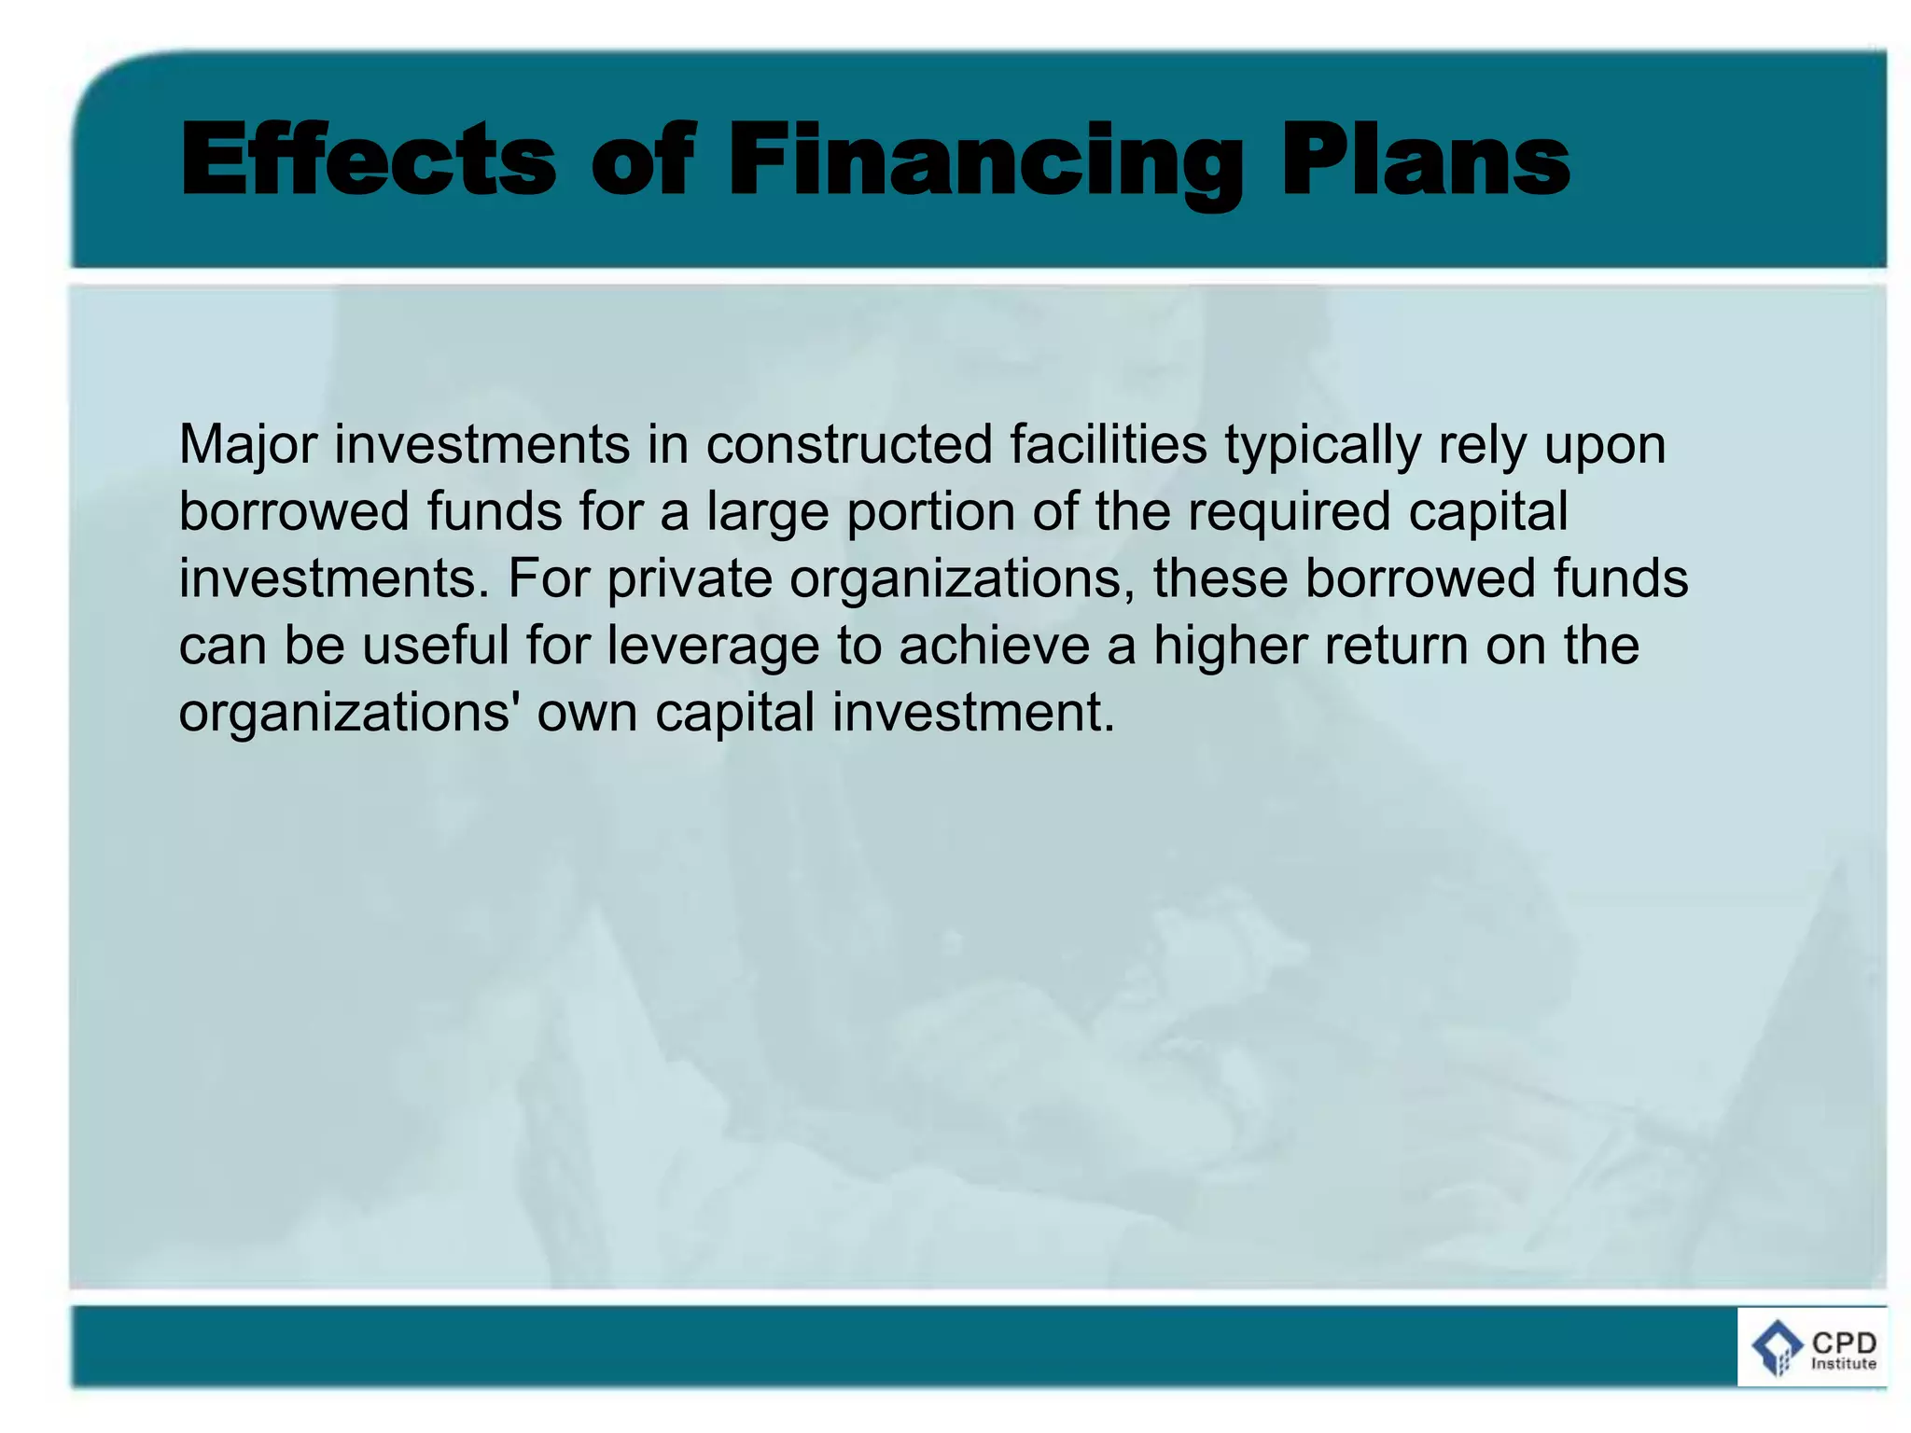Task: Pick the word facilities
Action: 1108,445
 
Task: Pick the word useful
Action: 435,646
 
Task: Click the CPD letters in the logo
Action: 1844,1343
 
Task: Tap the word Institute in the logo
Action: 1843,1364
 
